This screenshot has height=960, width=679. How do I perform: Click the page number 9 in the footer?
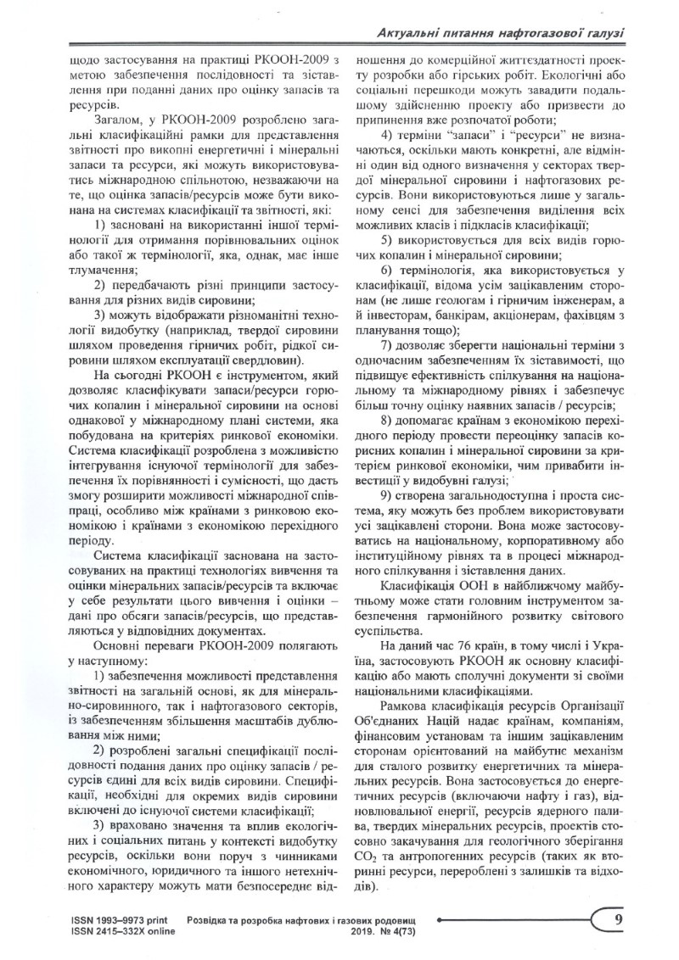pyautogui.click(x=619, y=919)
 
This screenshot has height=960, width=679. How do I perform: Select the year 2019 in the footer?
pyautogui.click(x=364, y=930)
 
